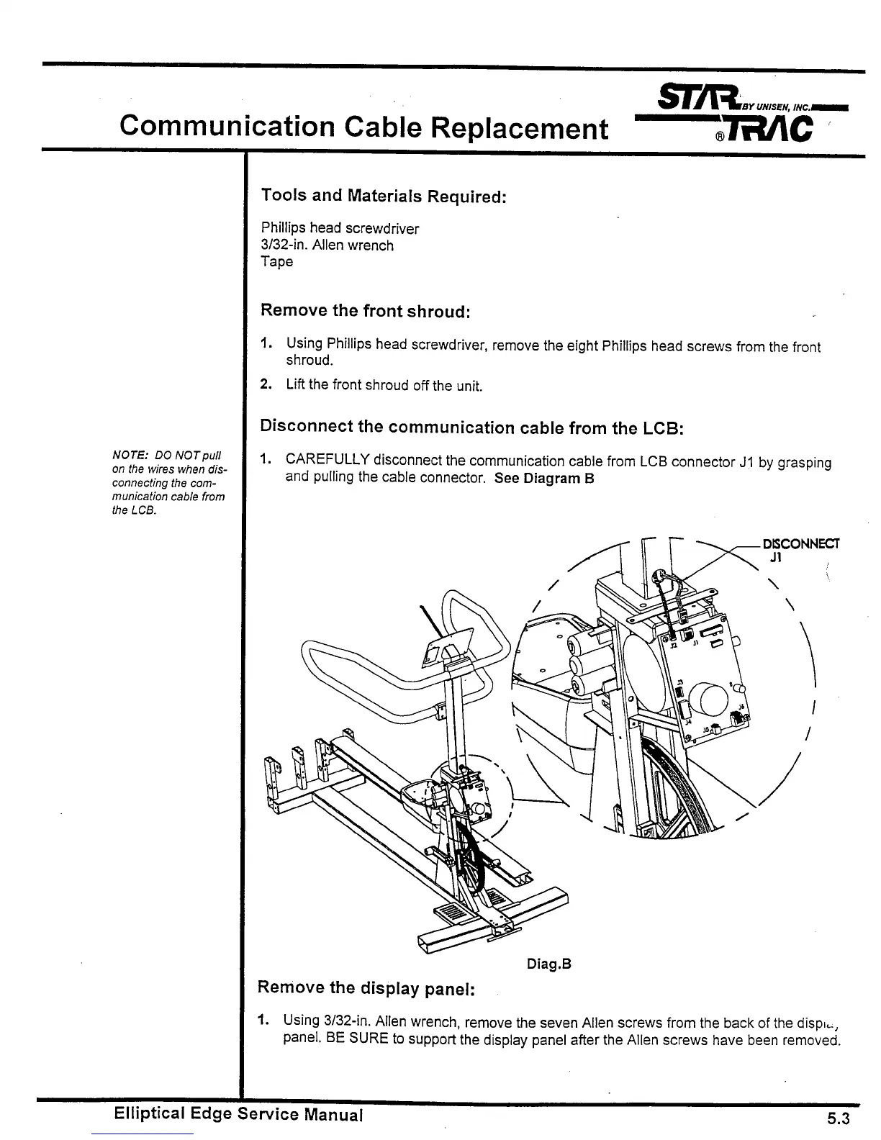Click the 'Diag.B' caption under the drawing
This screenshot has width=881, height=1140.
(x=548, y=964)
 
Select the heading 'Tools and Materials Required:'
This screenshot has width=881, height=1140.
(x=384, y=196)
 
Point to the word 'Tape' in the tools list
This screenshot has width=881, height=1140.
(x=277, y=261)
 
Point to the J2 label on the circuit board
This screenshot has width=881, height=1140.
(x=673, y=646)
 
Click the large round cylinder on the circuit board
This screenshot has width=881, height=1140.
(x=709, y=697)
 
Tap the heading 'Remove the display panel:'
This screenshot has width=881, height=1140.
(x=366, y=988)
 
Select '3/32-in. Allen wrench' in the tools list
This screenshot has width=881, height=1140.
(x=327, y=245)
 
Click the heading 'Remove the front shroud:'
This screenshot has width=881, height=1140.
(x=365, y=311)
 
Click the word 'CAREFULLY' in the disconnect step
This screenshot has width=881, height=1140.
(x=327, y=459)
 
